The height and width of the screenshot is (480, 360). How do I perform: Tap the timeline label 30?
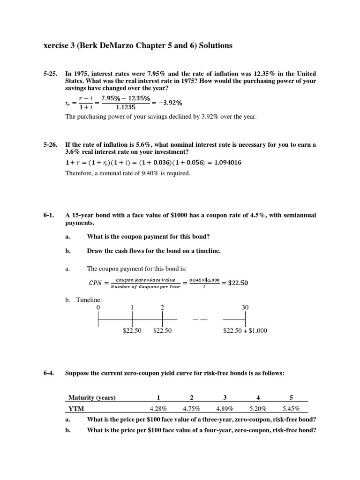tap(245, 307)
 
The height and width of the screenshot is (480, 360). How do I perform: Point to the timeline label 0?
tap(98, 307)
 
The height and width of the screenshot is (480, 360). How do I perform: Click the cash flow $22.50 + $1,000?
tap(245, 331)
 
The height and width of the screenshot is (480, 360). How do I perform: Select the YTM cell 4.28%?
tap(158, 409)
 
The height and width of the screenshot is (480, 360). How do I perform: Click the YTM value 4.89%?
tap(225, 409)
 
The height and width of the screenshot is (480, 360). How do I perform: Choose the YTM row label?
tap(76, 409)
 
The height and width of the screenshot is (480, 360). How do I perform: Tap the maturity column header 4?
tap(258, 398)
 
